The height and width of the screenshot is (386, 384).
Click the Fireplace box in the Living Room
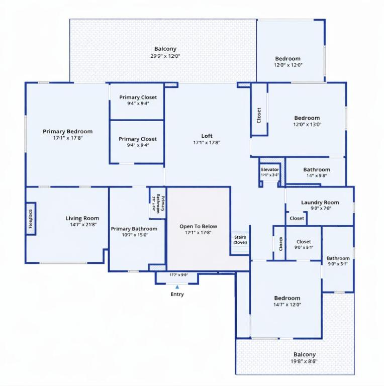[x=31, y=219]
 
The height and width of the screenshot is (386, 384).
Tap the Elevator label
[x=269, y=170]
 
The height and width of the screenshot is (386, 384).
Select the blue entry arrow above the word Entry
[x=177, y=286]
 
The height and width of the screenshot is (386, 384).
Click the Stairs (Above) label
[x=240, y=240]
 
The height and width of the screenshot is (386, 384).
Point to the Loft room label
[x=207, y=136]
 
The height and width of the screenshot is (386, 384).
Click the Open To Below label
[x=199, y=226]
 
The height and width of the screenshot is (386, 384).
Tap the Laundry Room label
[x=320, y=203]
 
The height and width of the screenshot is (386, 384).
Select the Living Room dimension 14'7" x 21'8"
[x=82, y=225]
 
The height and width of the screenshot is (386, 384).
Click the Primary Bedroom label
[x=67, y=131]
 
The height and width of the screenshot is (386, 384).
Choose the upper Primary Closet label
[x=138, y=97]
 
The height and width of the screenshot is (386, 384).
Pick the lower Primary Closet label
[x=138, y=139]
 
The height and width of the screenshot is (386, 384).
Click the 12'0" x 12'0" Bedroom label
[x=287, y=59]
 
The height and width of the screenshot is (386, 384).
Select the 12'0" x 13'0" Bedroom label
[x=307, y=118]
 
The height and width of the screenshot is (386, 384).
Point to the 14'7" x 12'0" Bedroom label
[x=287, y=298]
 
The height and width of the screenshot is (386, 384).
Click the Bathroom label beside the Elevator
[x=317, y=169]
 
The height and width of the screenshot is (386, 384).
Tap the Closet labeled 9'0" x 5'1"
[x=304, y=242]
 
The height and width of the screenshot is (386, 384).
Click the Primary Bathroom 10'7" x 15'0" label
[x=134, y=229]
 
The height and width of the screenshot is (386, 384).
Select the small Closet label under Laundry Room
[x=297, y=218]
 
